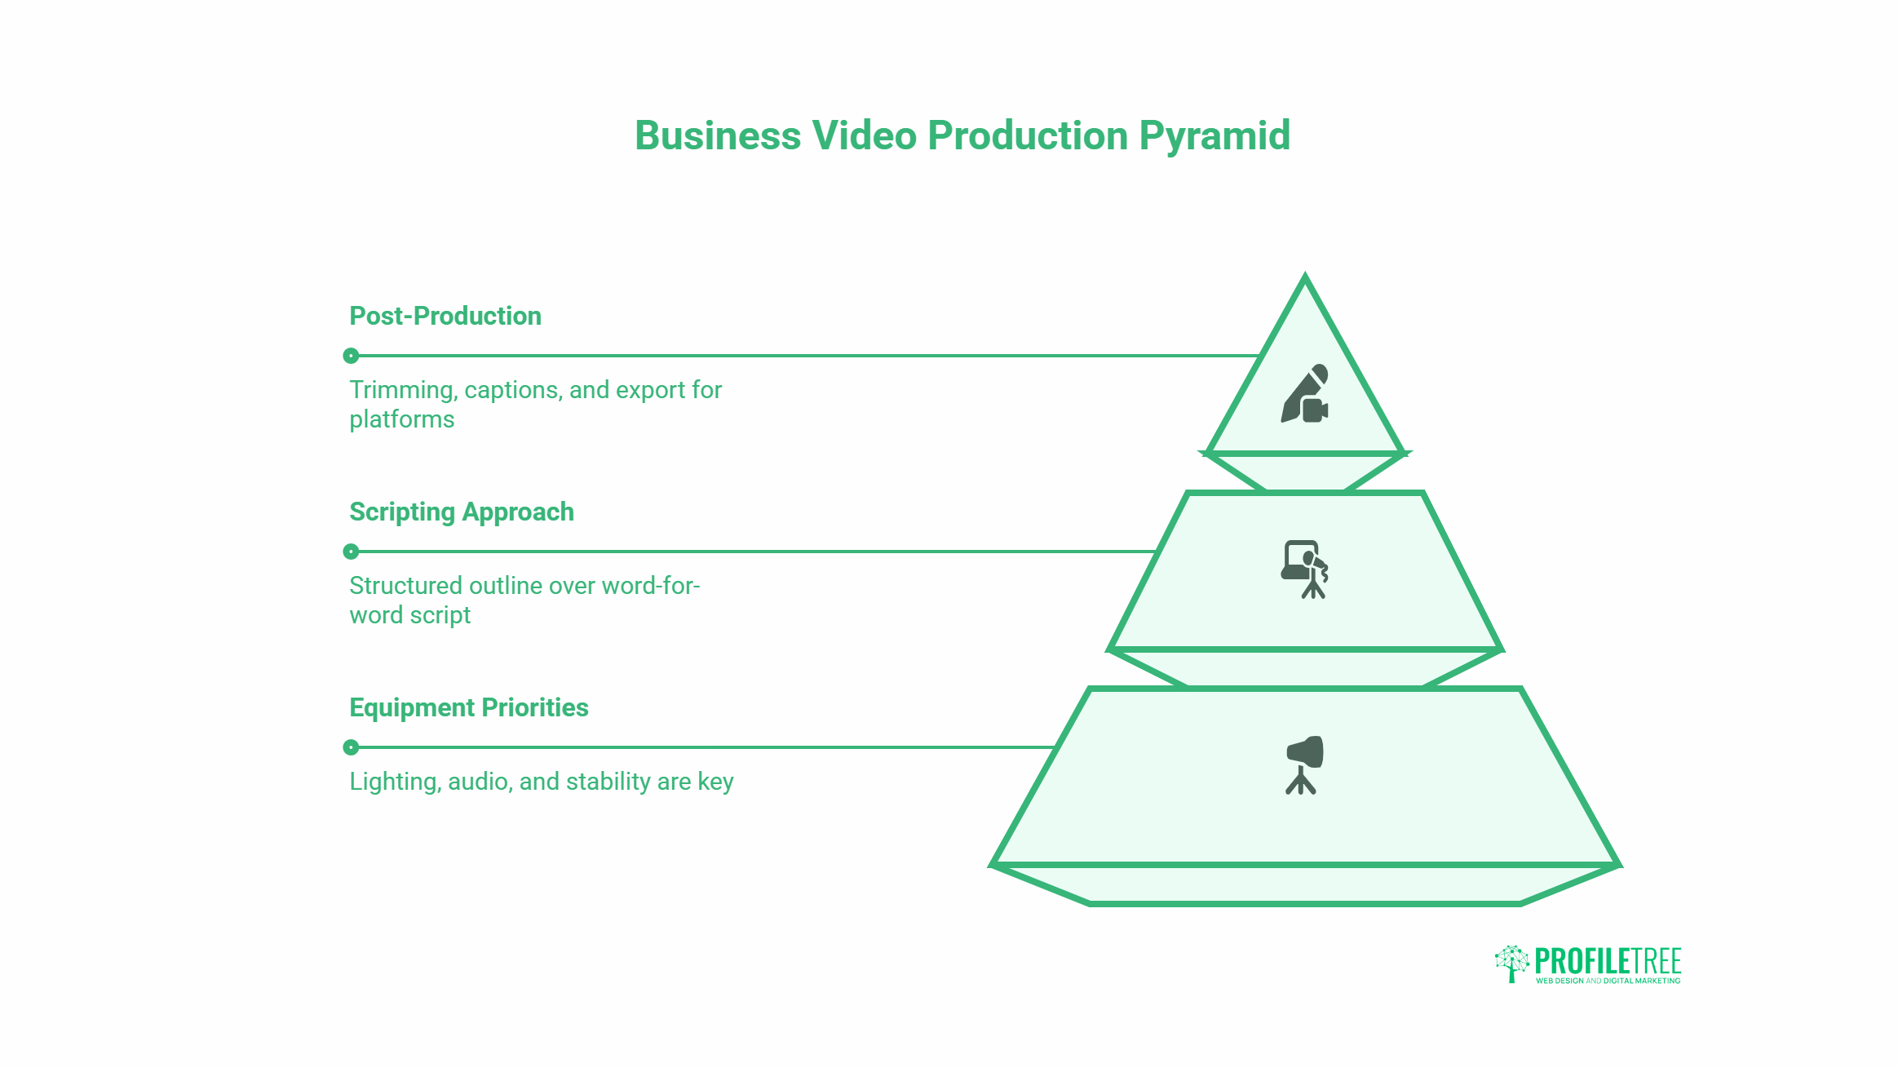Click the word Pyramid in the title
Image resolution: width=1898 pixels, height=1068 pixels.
(x=1214, y=136)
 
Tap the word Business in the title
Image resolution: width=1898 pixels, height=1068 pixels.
(x=718, y=135)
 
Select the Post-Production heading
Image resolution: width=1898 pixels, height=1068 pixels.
(x=445, y=316)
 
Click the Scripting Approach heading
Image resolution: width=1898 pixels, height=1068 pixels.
(x=462, y=512)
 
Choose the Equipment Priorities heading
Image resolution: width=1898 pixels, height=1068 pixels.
(x=469, y=707)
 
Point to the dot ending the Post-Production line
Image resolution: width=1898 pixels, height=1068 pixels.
(x=351, y=356)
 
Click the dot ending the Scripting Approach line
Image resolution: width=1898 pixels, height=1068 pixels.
(x=351, y=552)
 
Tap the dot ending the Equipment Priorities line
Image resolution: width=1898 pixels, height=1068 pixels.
(x=351, y=747)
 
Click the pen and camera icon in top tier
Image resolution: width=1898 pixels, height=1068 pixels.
(x=1305, y=393)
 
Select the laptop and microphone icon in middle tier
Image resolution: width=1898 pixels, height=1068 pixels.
(x=1305, y=569)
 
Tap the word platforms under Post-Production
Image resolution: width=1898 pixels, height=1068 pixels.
(x=402, y=419)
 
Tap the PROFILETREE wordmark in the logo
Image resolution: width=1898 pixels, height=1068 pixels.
(x=1608, y=960)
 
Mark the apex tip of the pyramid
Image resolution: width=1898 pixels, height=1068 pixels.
(x=1305, y=274)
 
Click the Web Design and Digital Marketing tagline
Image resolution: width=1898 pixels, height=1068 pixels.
(x=1608, y=981)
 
